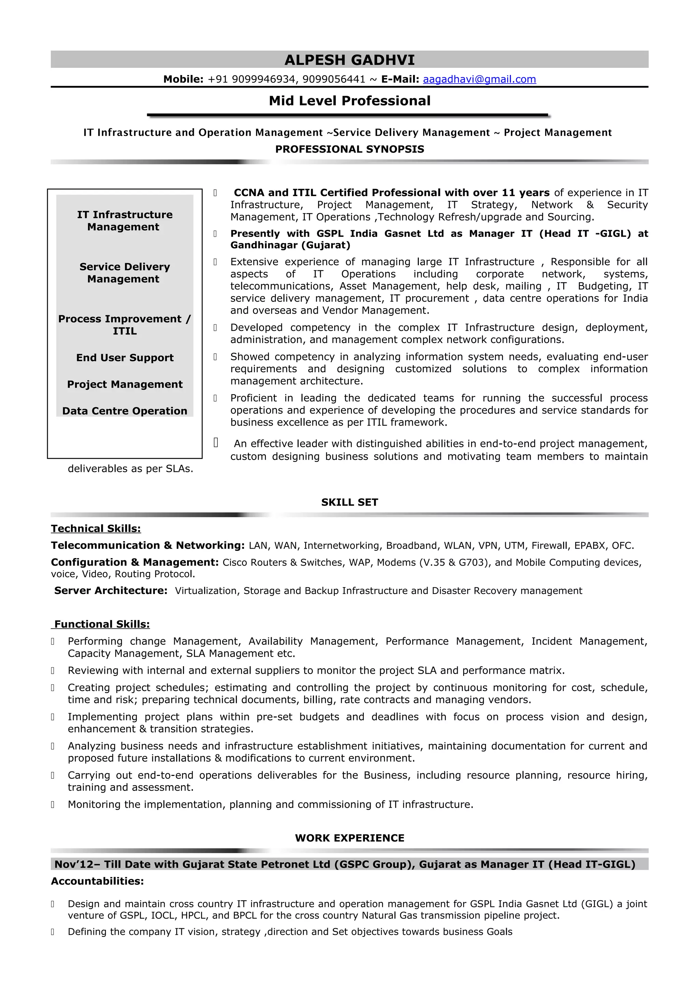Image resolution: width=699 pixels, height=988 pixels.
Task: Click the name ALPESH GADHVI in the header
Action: click(x=349, y=60)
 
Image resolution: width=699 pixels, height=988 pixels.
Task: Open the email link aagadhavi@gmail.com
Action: click(x=479, y=79)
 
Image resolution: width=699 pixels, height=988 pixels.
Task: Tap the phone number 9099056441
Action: click(x=333, y=79)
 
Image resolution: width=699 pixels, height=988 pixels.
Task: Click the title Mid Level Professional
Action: click(x=349, y=101)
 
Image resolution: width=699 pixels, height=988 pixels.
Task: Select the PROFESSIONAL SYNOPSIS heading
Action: click(x=349, y=149)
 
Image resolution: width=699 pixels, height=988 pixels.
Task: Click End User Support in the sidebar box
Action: click(x=125, y=358)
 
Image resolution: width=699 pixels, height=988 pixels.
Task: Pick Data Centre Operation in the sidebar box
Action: click(x=125, y=411)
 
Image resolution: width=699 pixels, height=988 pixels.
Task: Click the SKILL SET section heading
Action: click(x=349, y=502)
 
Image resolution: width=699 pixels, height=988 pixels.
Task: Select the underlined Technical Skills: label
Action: click(x=96, y=528)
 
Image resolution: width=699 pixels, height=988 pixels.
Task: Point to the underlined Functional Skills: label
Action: click(x=102, y=624)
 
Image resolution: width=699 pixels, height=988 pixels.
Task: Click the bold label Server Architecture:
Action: click(x=111, y=590)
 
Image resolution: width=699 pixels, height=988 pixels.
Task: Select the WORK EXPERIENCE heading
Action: click(x=349, y=838)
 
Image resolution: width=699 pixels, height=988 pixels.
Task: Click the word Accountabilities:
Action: click(x=97, y=881)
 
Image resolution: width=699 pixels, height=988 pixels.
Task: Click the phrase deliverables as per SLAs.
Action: click(x=130, y=469)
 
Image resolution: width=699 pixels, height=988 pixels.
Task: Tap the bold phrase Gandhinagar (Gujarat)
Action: click(x=290, y=245)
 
